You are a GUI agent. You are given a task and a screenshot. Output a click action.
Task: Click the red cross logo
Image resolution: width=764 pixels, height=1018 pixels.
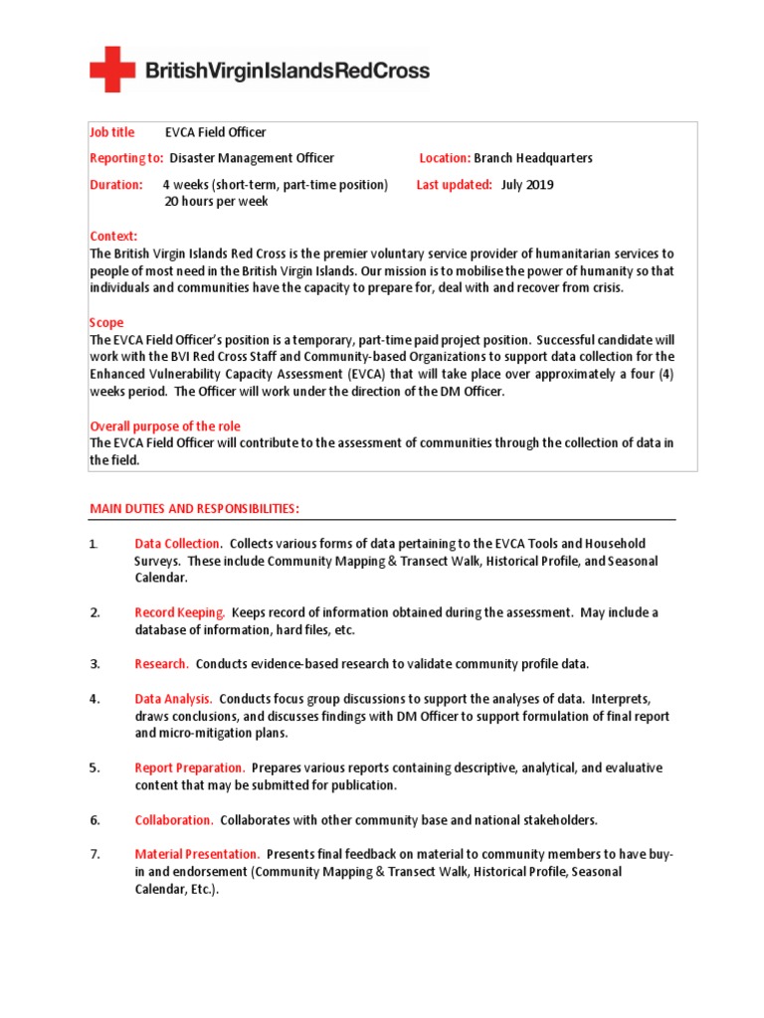coord(112,69)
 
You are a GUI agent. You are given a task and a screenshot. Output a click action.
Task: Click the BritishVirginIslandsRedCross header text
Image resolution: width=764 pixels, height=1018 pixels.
coord(287,71)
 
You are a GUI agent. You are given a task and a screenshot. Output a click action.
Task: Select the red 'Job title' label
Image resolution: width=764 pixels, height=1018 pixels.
coord(112,132)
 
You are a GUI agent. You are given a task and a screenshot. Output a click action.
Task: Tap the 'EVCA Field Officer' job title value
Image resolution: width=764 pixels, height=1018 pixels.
coord(215,132)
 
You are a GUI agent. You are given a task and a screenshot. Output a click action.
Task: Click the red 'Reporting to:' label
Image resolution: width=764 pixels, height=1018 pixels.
coord(126,158)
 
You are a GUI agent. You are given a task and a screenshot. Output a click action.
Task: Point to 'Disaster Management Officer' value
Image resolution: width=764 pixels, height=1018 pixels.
coord(252,158)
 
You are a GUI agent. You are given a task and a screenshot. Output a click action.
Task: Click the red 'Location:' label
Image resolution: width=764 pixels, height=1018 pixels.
coord(444,158)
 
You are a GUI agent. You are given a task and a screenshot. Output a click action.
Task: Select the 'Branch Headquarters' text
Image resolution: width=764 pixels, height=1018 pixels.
coord(533,158)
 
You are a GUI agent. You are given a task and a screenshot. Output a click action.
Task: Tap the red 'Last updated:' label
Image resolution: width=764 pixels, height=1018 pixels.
coord(454,185)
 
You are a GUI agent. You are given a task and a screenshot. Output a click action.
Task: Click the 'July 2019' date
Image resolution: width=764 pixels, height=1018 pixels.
coord(527,185)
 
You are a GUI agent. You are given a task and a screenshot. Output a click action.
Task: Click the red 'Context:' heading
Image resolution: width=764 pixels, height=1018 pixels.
coord(112,236)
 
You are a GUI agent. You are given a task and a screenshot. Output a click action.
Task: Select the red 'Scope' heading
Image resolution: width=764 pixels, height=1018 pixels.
coord(106,323)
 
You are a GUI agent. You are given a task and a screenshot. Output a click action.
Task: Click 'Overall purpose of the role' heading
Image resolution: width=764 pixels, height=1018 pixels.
coord(165,426)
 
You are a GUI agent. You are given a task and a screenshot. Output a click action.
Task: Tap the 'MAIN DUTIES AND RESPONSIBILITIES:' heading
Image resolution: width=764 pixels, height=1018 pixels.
coord(194,509)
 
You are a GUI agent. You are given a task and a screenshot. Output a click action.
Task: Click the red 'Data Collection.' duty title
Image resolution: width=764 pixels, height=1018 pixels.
coord(178,544)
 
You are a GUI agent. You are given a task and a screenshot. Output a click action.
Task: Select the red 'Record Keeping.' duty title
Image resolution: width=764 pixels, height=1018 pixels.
coord(180,612)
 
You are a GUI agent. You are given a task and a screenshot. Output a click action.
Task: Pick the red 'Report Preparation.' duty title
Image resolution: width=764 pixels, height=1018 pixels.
coord(189,767)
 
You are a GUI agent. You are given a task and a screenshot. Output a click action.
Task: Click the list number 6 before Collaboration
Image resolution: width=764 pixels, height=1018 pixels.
coord(95,820)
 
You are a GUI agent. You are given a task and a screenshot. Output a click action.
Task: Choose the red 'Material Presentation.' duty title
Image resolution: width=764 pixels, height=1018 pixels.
coord(197,854)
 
